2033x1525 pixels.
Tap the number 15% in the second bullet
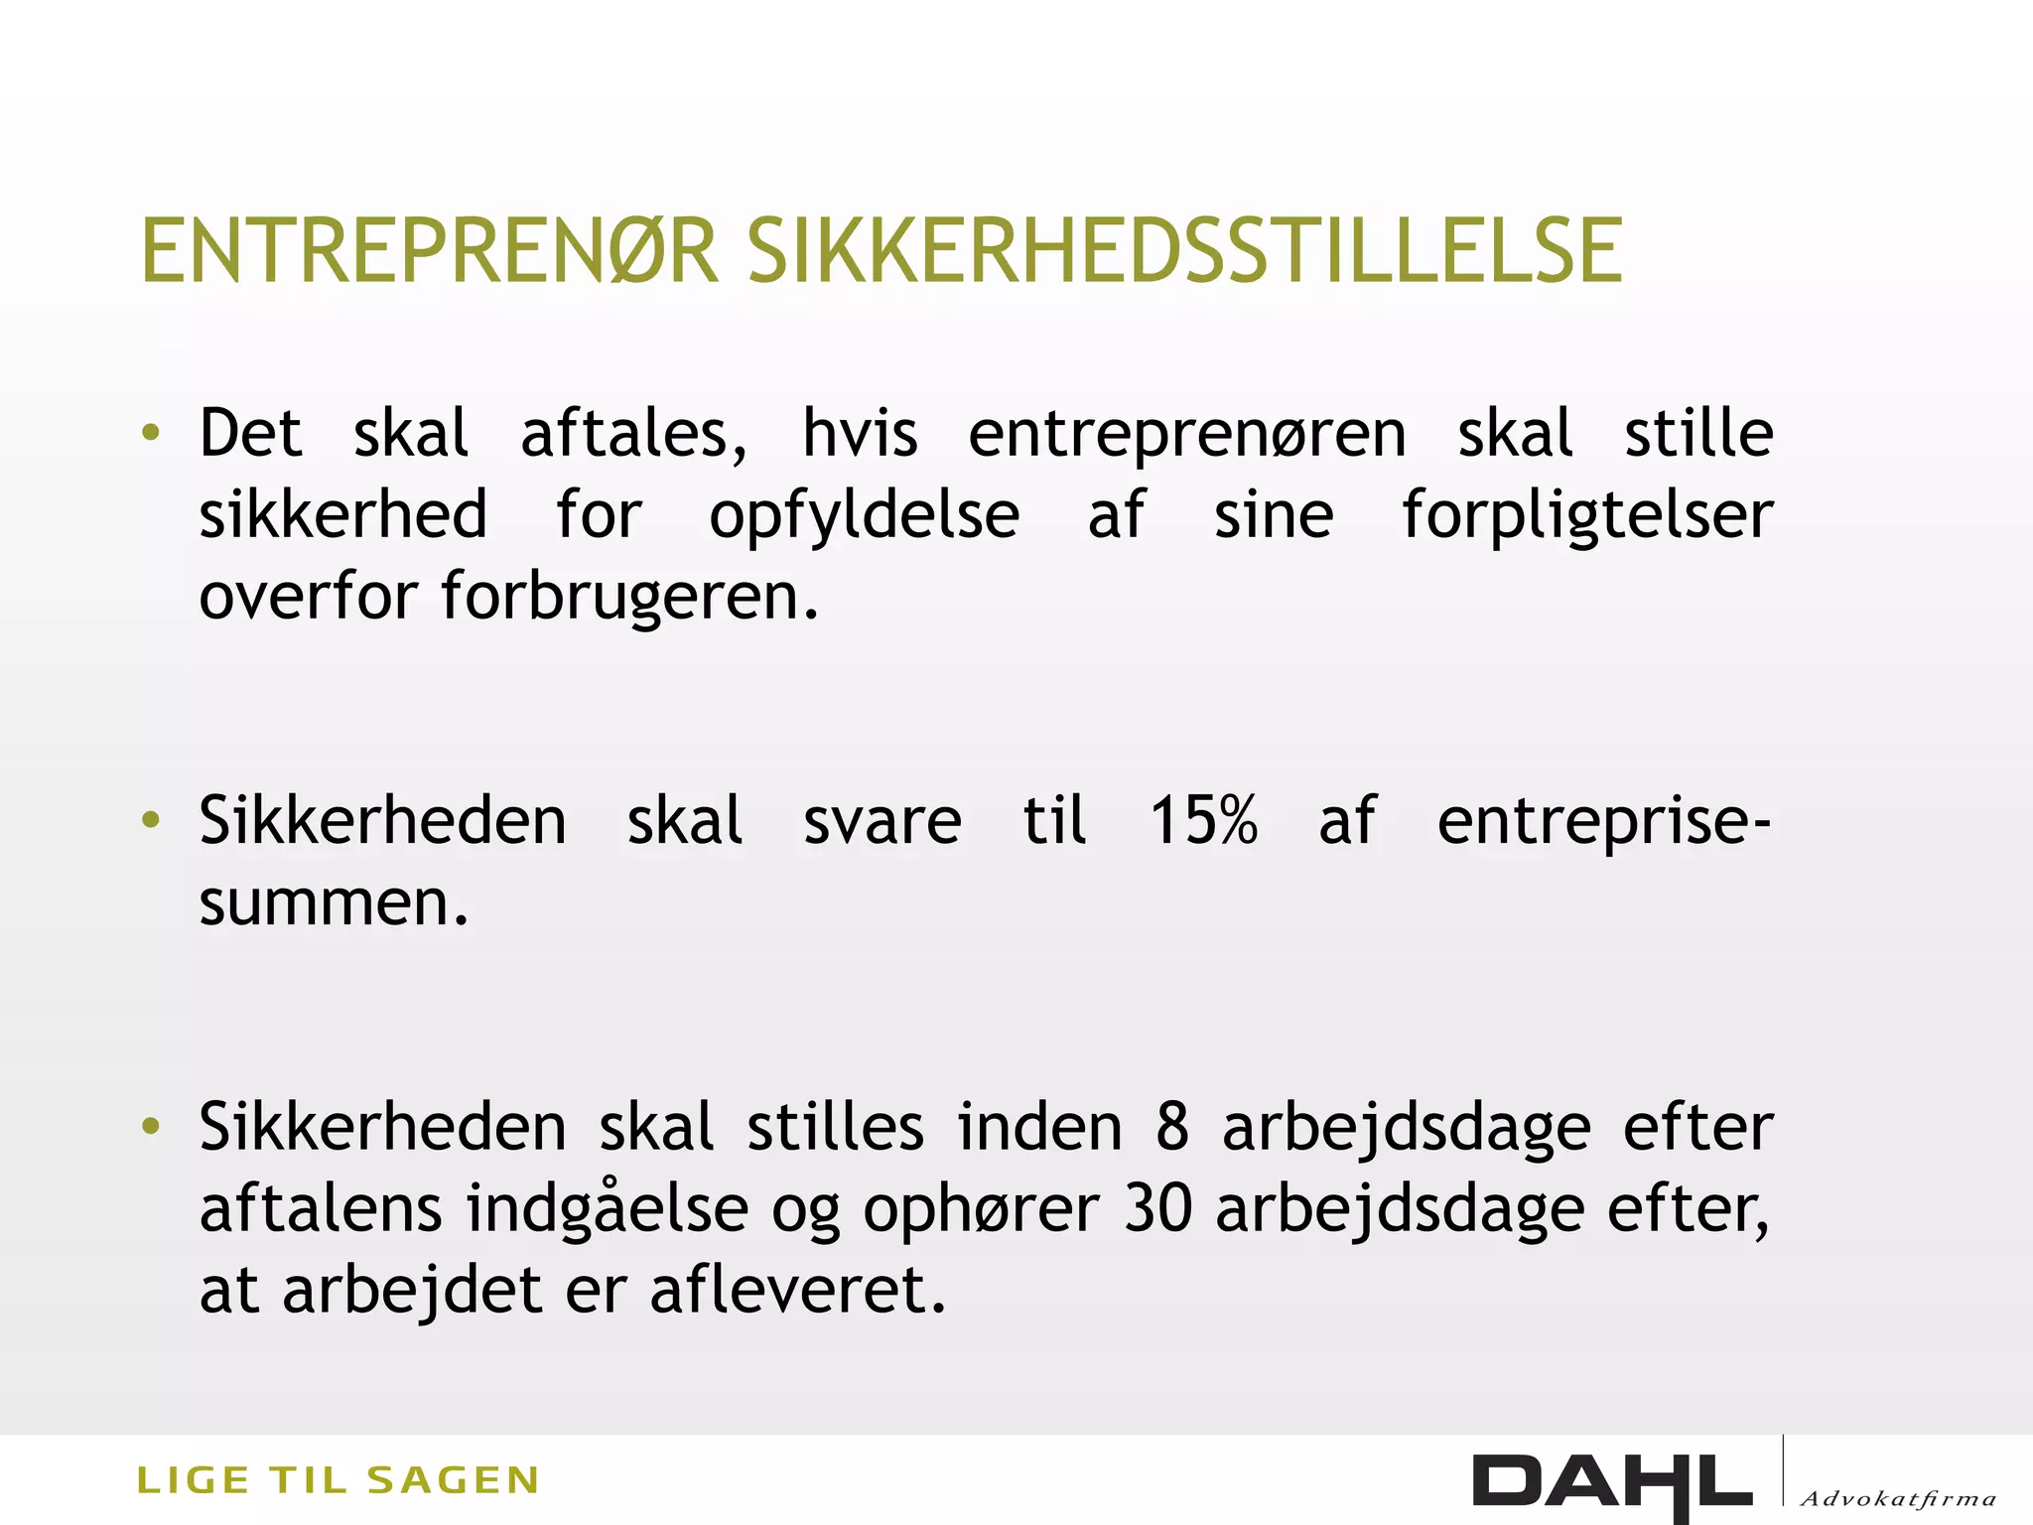[x=1203, y=821]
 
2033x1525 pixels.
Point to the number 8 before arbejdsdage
[x=1172, y=1128]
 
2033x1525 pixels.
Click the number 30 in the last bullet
[x=1157, y=1209]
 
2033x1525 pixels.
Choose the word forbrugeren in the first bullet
[x=629, y=596]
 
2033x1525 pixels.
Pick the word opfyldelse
[x=864, y=516]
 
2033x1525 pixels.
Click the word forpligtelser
[x=1586, y=516]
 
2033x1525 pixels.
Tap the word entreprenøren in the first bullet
[x=1187, y=434]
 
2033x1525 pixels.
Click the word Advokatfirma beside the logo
[x=1897, y=1498]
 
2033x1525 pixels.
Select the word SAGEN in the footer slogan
[x=453, y=1480]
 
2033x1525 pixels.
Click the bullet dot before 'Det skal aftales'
[x=151, y=433]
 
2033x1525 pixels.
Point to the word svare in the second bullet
[x=881, y=821]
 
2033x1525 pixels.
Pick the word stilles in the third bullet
[x=835, y=1128]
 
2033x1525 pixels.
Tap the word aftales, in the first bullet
[x=634, y=434]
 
